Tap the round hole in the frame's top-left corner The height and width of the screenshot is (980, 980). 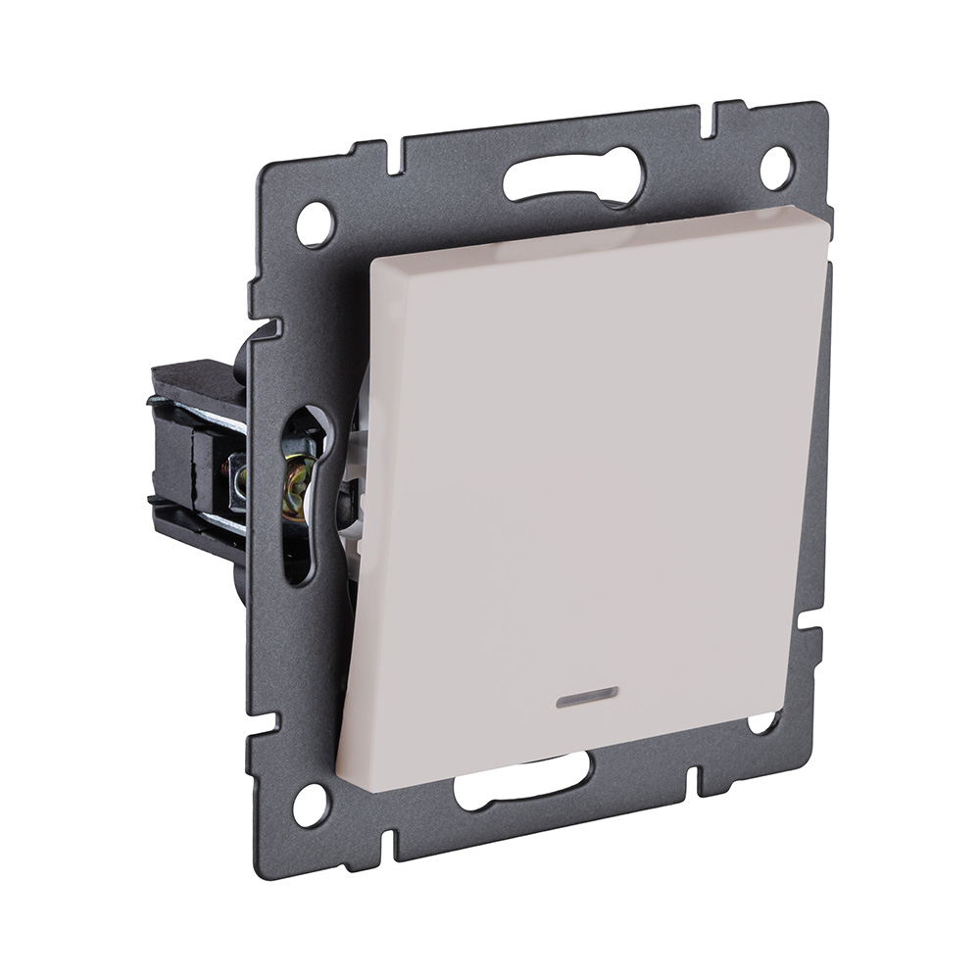pyautogui.click(x=315, y=224)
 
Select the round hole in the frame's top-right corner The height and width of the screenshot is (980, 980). pyautogui.click(x=775, y=168)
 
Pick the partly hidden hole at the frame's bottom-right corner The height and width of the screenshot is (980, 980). pyautogui.click(x=761, y=723)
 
